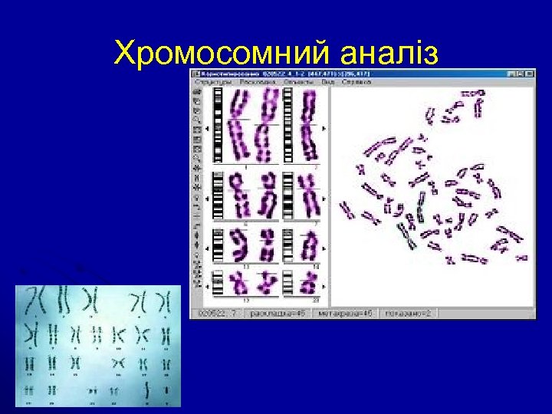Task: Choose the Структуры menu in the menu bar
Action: click(212, 80)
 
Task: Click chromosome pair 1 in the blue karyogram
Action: click(37, 299)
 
